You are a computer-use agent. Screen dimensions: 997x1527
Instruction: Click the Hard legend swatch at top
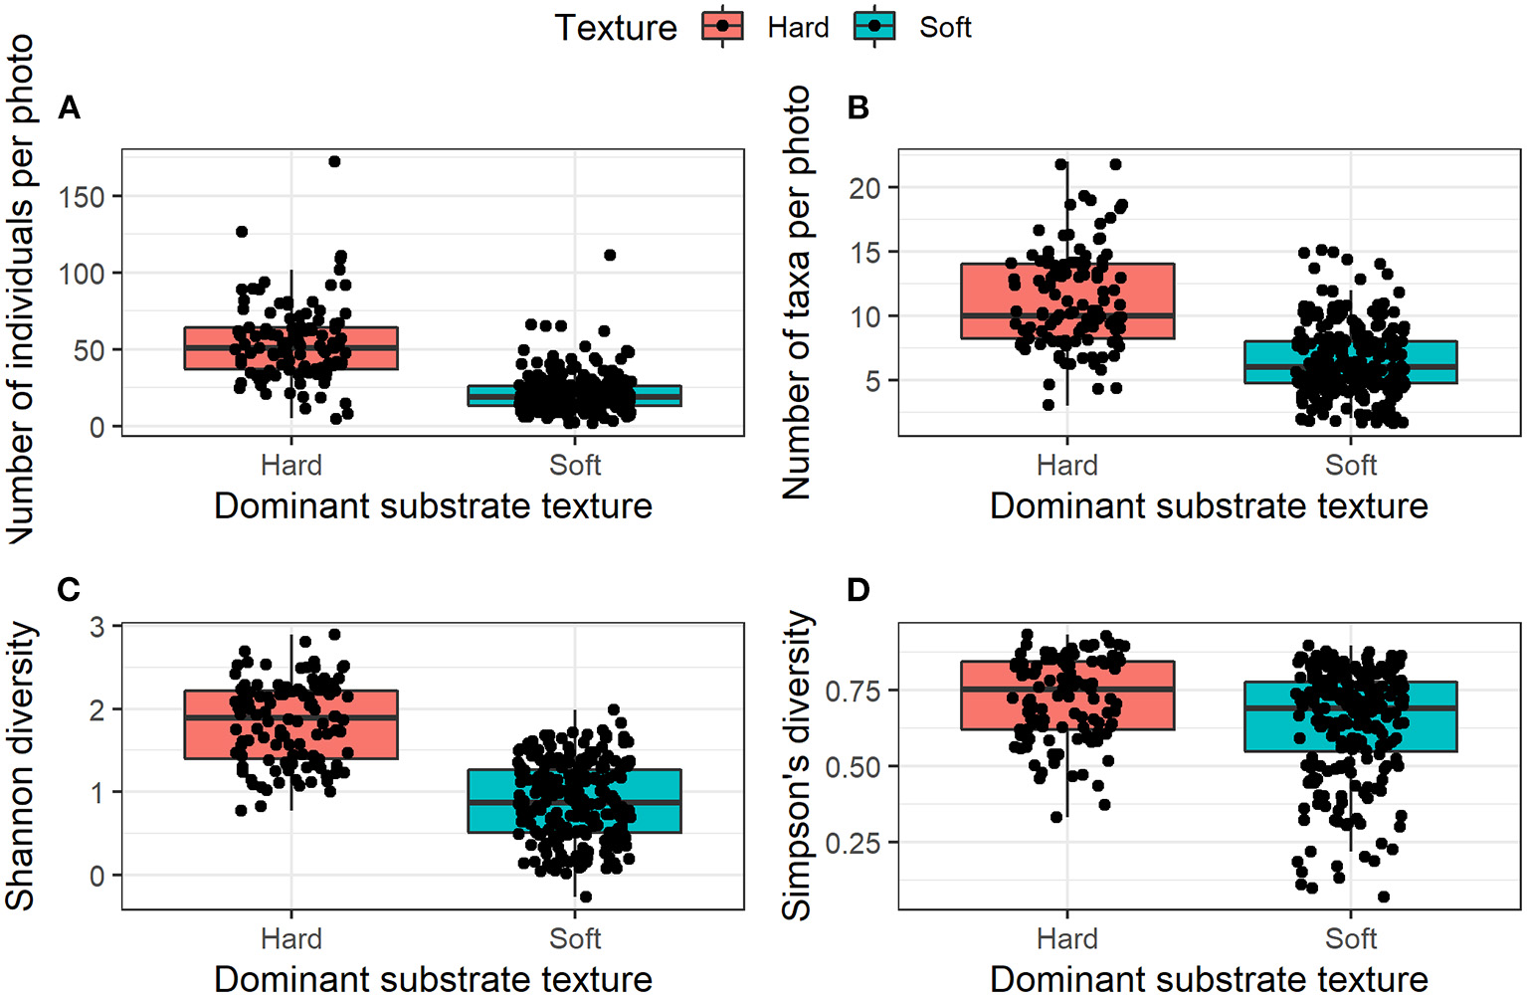click(722, 27)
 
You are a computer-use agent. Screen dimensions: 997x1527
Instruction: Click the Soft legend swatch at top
click(874, 27)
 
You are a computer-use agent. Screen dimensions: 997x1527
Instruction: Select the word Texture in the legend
click(615, 28)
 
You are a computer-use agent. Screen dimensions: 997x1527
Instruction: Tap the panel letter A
click(69, 107)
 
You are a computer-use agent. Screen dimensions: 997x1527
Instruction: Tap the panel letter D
click(858, 590)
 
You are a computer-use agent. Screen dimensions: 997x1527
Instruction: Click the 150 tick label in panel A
click(82, 197)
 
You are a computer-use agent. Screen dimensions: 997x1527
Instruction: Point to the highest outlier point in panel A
click(334, 161)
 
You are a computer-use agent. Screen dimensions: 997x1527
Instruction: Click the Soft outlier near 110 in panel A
click(610, 255)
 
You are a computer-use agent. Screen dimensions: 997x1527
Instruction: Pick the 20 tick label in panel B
click(864, 188)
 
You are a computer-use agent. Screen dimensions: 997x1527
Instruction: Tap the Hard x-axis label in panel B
click(1066, 466)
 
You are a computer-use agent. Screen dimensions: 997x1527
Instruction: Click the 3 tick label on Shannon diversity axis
click(96, 627)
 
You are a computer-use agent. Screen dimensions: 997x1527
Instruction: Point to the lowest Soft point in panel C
click(585, 897)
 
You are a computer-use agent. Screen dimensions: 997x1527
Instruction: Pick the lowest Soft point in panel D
click(1383, 897)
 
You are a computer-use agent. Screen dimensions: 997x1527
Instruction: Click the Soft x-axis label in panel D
click(1350, 939)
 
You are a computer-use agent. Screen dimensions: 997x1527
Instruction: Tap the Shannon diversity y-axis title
click(21, 766)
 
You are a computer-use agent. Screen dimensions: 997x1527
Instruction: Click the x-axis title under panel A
click(433, 506)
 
